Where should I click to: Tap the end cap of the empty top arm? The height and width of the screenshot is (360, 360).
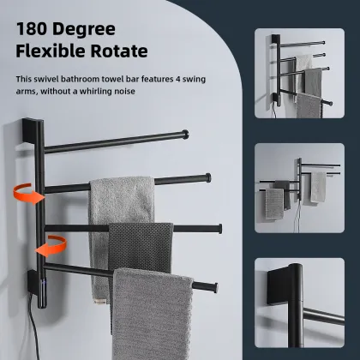coord(186,134)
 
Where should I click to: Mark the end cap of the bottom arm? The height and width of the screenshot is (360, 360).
coord(208,284)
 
